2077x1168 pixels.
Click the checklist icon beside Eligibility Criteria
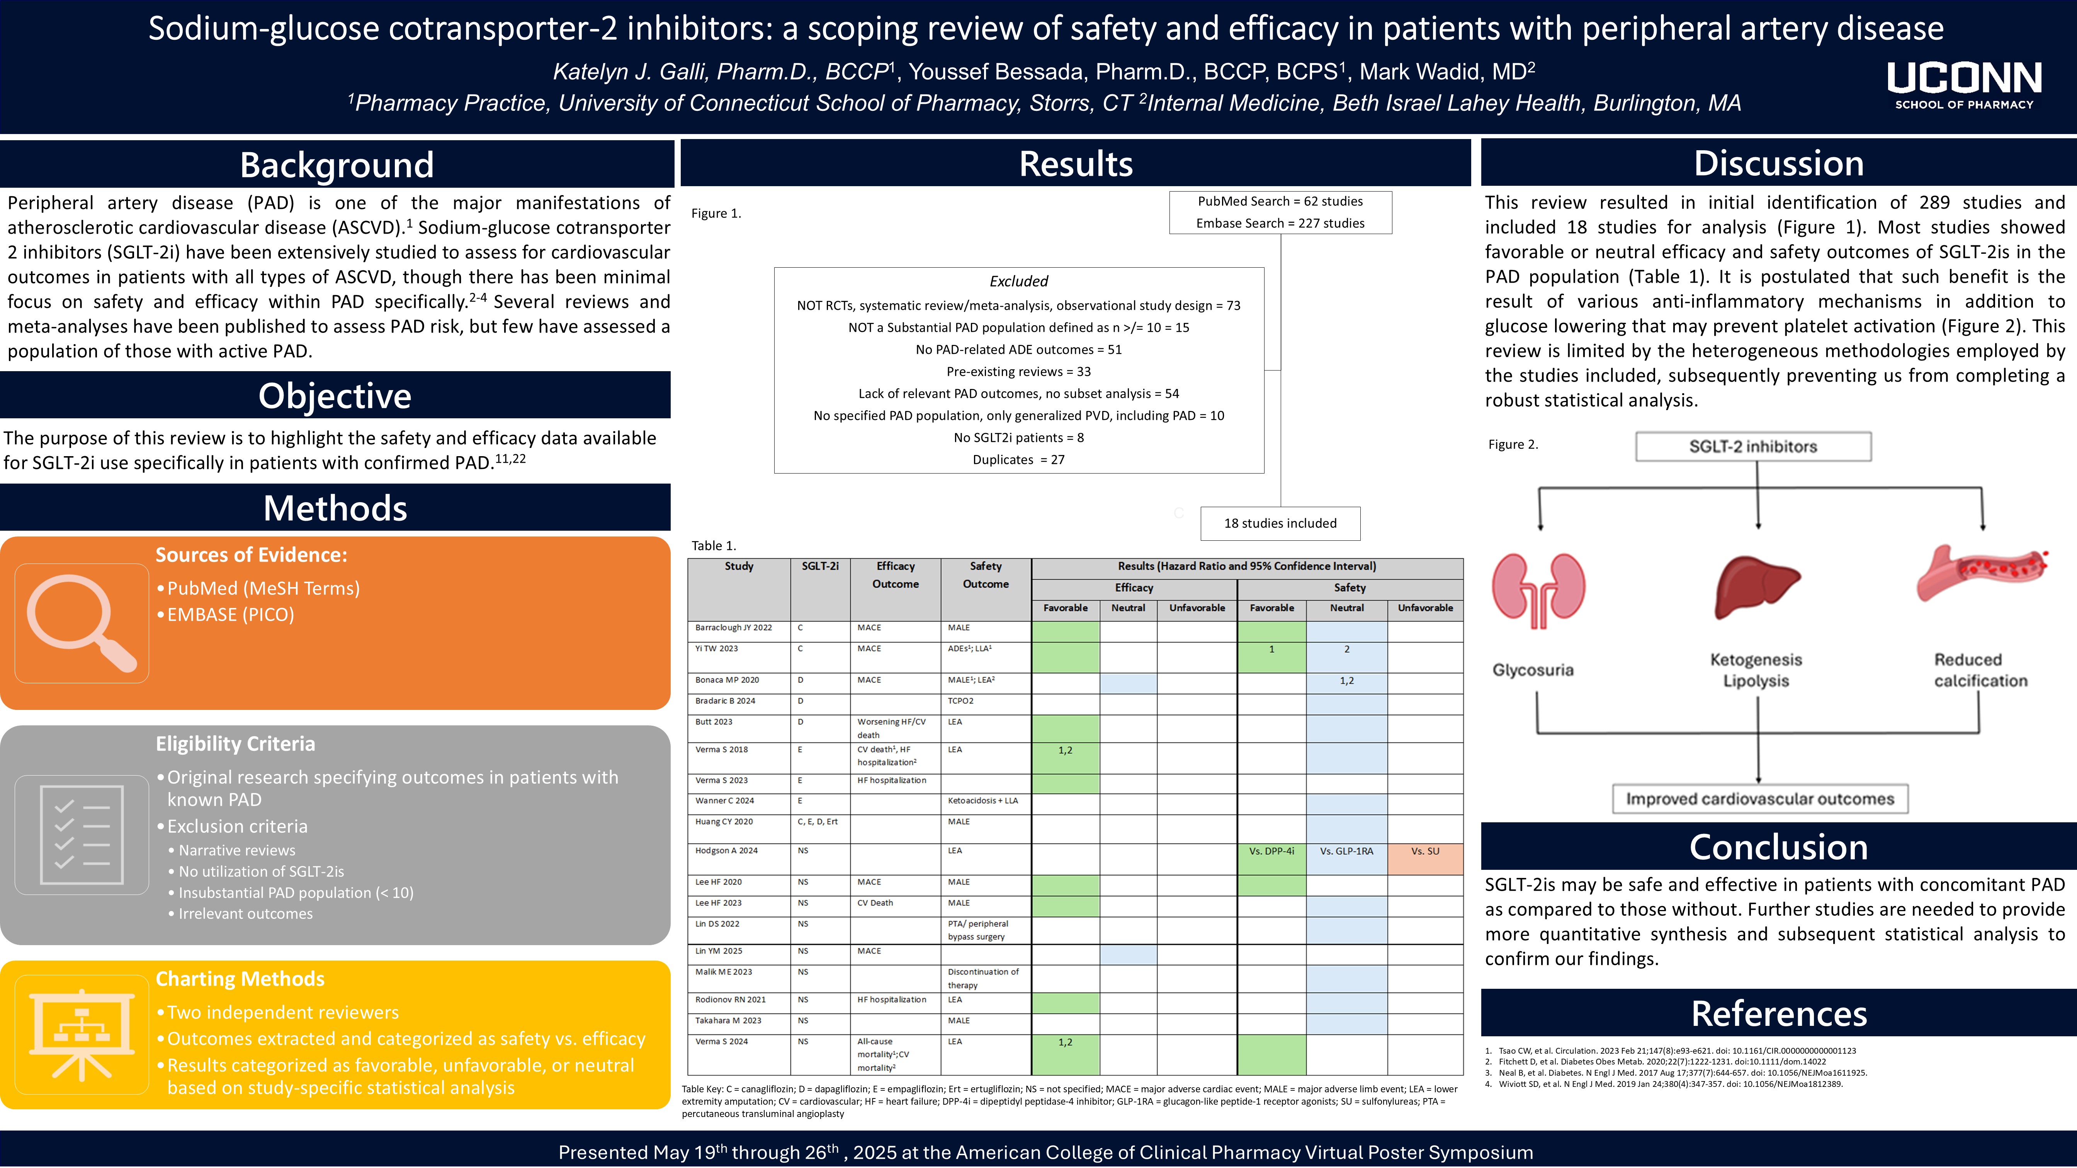click(x=82, y=834)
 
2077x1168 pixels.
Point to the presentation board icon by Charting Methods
click(x=82, y=1034)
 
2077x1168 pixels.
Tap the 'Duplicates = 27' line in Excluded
click(x=1018, y=460)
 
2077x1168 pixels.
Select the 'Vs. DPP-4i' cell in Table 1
click(x=1271, y=851)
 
